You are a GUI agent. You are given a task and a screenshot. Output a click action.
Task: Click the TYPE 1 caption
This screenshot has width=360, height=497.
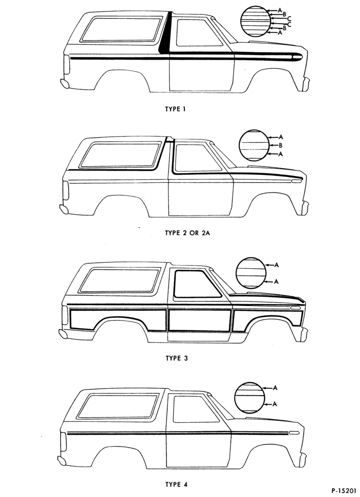[x=175, y=109]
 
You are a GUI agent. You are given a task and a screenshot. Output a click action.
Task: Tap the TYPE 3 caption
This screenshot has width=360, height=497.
[x=177, y=358]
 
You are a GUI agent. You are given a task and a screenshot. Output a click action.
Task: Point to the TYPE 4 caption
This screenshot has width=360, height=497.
[x=177, y=484]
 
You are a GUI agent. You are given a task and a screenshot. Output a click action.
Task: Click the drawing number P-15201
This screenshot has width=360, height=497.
[x=345, y=491]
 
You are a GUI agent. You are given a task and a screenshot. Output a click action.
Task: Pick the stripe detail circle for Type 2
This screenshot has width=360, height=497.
[x=254, y=145]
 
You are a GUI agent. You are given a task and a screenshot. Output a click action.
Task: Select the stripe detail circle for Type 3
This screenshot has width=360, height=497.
[x=251, y=273]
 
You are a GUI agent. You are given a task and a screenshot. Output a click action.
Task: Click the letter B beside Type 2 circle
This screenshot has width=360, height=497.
[x=280, y=146]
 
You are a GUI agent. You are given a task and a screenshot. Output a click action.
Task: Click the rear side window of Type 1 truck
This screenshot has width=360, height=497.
[x=121, y=29]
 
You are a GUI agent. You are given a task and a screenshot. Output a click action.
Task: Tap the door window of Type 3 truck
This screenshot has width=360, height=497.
[x=197, y=284]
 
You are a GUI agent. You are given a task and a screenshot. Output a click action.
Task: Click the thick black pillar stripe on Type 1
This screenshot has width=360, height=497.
[x=166, y=32]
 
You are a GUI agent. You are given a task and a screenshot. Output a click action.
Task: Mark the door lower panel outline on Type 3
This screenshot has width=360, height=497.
[x=200, y=320]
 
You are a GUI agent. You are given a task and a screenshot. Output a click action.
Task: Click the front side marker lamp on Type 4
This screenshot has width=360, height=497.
[x=294, y=433]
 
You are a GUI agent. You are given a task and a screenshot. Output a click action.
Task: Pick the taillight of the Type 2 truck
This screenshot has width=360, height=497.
[x=65, y=190]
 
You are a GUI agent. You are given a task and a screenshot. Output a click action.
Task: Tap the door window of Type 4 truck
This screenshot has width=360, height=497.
[x=196, y=409]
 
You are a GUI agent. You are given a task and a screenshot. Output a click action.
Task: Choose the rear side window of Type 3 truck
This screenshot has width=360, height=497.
[x=119, y=280]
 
